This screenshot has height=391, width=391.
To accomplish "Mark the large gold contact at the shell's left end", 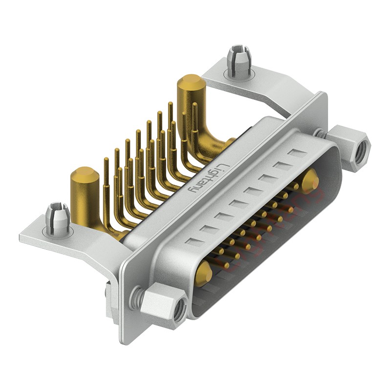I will (203, 272).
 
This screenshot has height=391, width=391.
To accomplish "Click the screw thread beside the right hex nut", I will (321, 132).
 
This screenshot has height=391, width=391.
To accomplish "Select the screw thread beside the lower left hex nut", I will (139, 295).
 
